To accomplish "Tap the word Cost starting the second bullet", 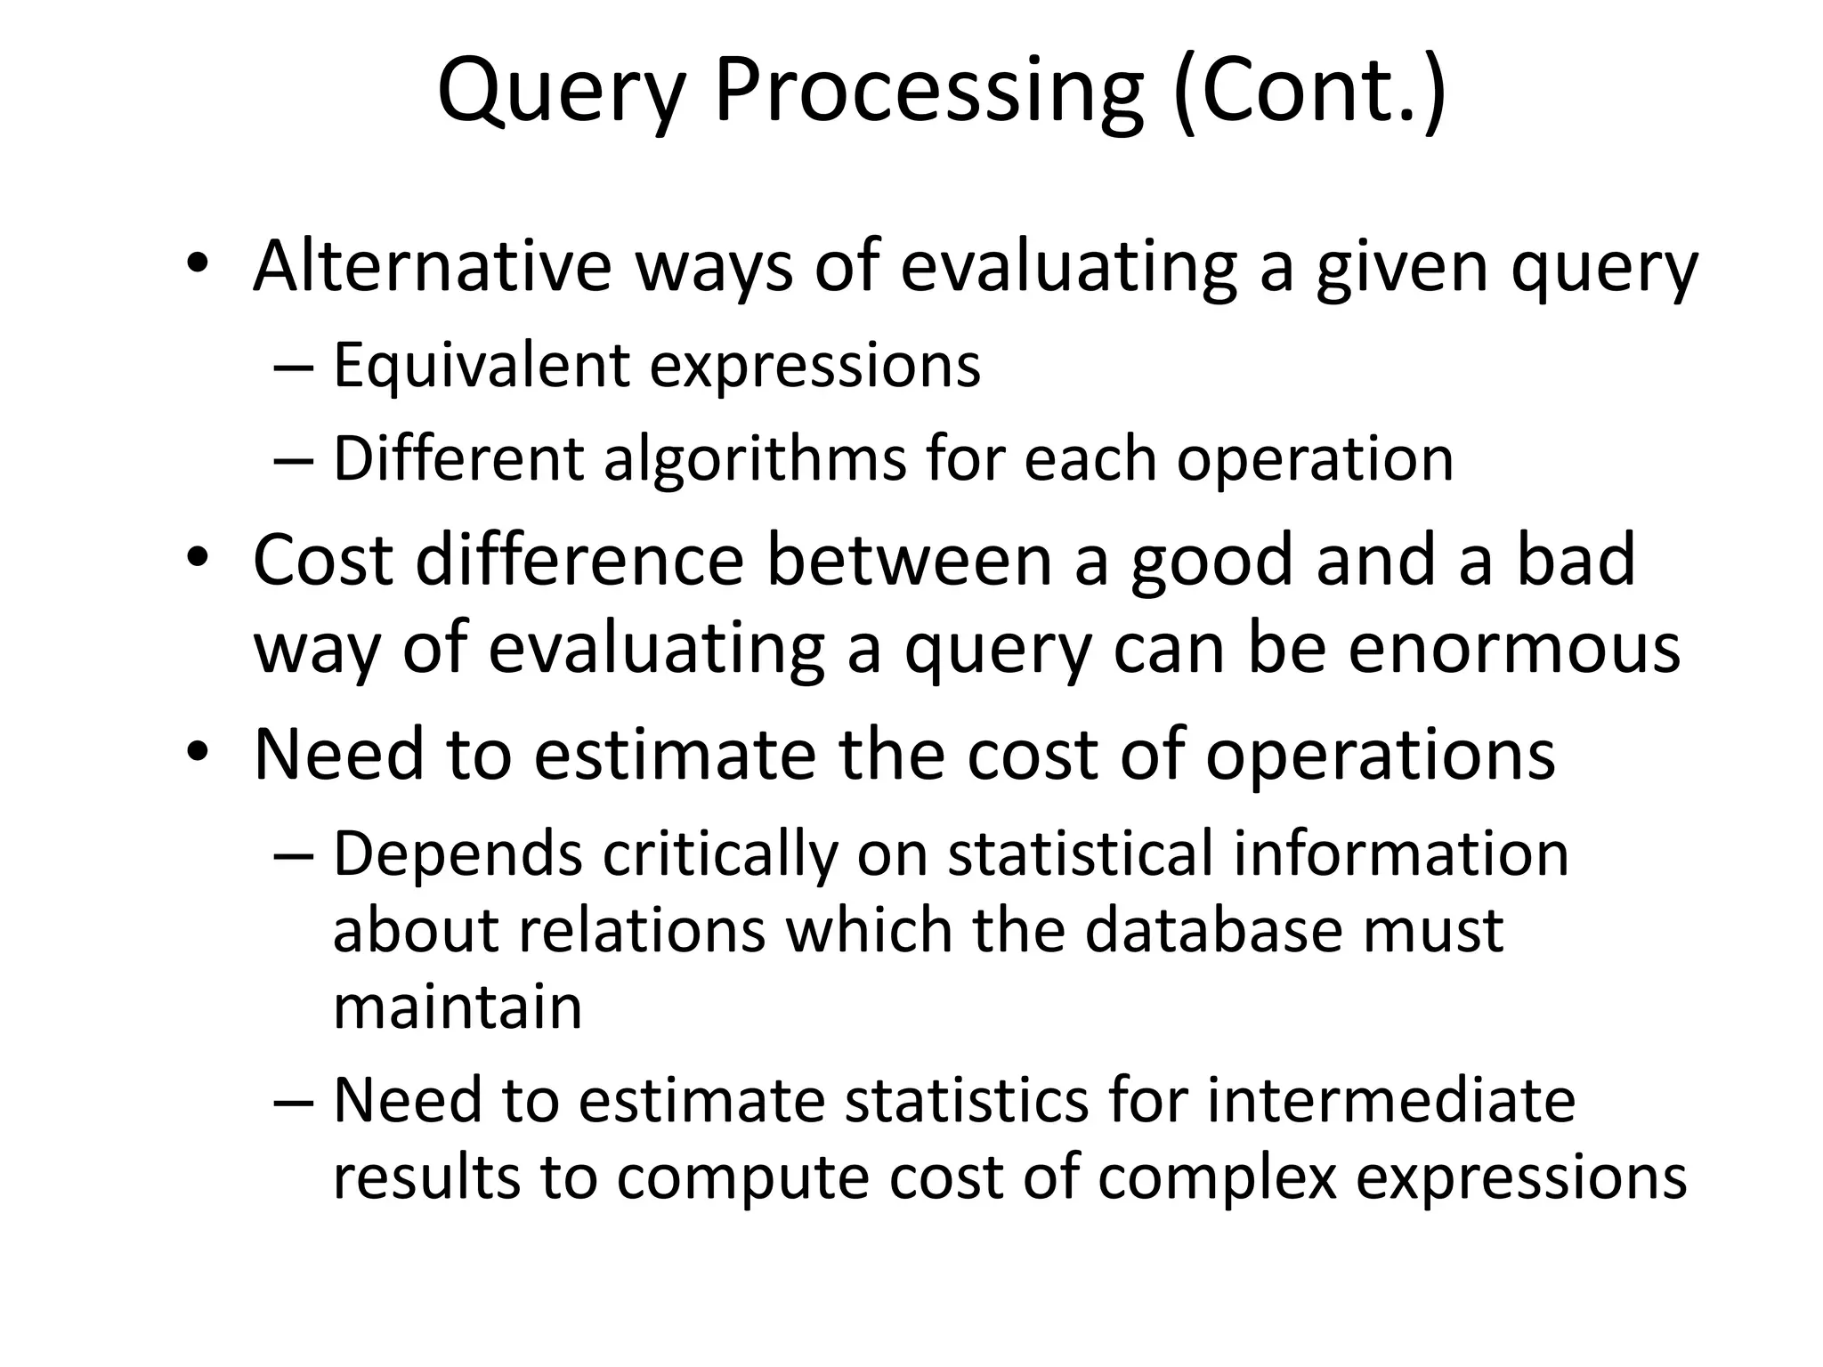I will point(322,560).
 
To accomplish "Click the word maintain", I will point(458,1007).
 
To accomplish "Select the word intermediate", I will point(1390,1100).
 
